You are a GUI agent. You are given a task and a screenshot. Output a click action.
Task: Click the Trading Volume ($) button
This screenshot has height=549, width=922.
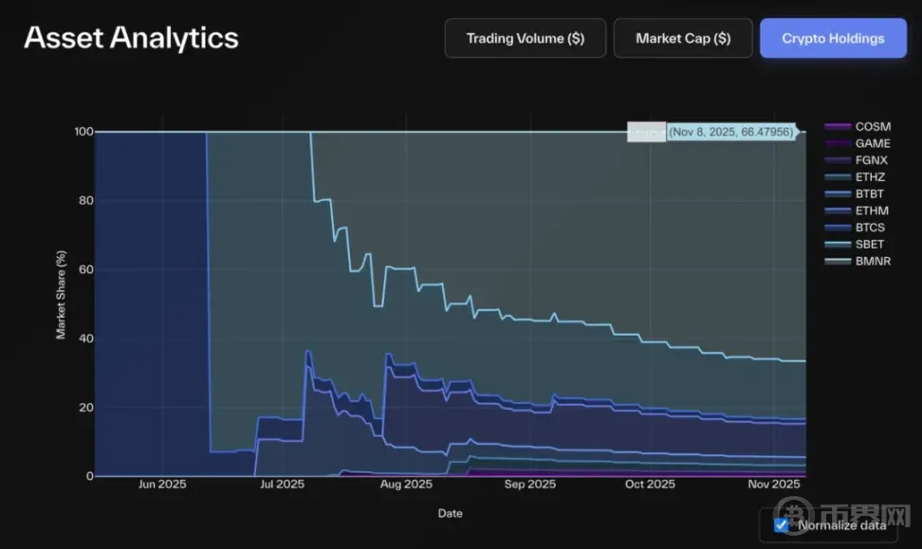coord(525,39)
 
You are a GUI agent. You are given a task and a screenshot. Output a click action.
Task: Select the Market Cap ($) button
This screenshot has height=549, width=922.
coord(683,39)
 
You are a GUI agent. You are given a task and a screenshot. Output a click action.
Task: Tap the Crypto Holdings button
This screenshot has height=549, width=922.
coord(833,39)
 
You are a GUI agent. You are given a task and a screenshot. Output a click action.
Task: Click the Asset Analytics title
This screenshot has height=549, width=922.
coord(131,38)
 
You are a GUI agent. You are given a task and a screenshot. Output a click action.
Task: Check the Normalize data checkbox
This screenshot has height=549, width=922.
coord(781,524)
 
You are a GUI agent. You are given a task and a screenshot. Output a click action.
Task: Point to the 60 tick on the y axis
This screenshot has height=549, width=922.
coord(86,269)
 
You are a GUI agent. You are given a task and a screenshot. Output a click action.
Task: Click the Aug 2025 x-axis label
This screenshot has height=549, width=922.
coord(405,485)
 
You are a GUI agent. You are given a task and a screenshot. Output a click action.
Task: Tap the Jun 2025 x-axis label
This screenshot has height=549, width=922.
coord(161,485)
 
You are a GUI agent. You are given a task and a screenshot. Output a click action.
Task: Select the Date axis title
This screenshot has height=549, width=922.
coord(450,513)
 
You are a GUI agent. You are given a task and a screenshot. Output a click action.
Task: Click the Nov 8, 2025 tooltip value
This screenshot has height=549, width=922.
coord(729,133)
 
